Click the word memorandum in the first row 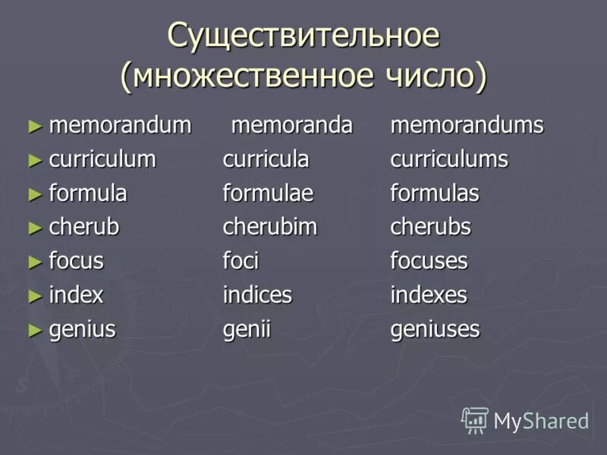point(120,125)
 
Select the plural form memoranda point(291,125)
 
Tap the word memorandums point(467,125)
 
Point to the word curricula point(266,159)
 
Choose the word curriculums point(449,159)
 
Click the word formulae point(268,193)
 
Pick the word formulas point(435,193)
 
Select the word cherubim point(269,227)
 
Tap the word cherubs point(430,227)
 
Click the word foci point(241,261)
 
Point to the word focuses point(429,261)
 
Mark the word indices point(257,295)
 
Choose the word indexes point(429,295)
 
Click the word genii point(247,329)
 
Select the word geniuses point(435,329)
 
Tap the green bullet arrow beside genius point(33,329)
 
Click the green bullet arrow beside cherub point(33,227)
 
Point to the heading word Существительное point(303,36)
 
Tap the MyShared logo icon point(475,419)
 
